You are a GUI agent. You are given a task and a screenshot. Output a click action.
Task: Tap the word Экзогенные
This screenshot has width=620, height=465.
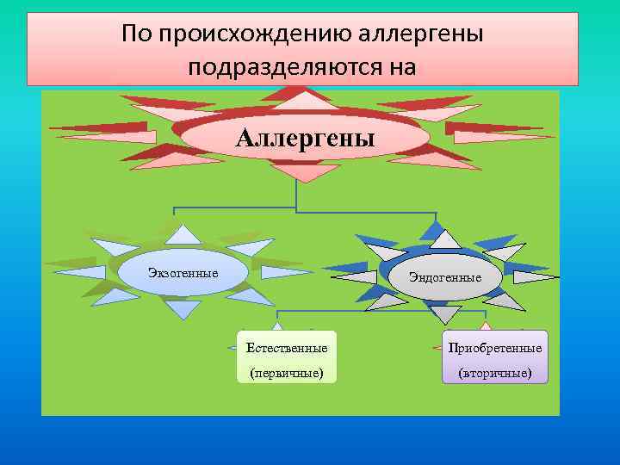(183, 273)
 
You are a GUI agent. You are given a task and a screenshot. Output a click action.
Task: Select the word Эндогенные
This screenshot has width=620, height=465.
(444, 276)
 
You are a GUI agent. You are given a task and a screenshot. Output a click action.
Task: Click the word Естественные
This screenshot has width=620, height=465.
(287, 348)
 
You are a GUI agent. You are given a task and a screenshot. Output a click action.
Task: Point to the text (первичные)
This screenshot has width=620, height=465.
(287, 373)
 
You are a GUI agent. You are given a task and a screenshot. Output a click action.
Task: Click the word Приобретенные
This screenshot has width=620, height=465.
(494, 348)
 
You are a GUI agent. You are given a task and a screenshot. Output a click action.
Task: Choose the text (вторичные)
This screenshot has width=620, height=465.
(494, 373)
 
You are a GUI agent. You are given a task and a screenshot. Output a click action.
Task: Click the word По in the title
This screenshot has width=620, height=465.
(135, 34)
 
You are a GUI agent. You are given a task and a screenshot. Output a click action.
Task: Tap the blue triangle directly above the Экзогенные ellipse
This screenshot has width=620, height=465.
(182, 235)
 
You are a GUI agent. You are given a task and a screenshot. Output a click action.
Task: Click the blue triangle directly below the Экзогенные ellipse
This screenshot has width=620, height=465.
(182, 308)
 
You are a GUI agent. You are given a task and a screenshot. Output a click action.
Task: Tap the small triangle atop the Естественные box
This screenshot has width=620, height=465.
(277, 325)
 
